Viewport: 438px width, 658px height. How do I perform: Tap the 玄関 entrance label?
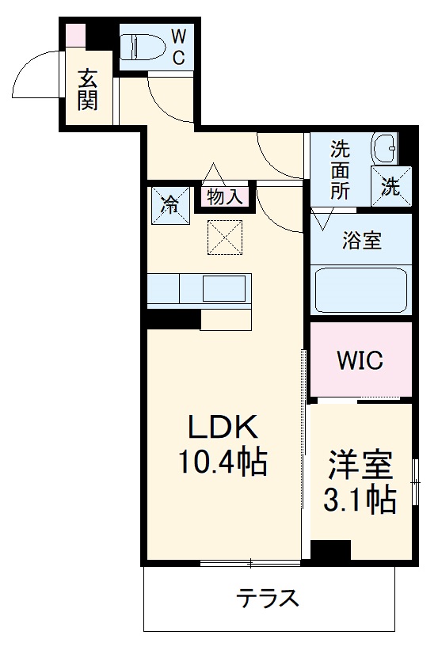[x=87, y=89]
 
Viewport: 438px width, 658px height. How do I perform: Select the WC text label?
[x=178, y=47]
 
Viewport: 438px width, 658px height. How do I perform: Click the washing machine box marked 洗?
[x=392, y=187]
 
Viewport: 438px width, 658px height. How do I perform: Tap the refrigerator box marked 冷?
[x=170, y=205]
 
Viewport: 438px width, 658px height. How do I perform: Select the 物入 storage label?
[x=225, y=196]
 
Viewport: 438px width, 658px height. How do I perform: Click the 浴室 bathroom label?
[x=362, y=241]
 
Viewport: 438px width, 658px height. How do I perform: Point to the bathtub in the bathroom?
[x=361, y=290]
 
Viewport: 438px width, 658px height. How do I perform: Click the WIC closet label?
[x=360, y=360]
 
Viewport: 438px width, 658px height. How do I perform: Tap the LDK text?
[x=223, y=428]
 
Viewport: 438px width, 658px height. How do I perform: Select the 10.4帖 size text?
[x=223, y=460]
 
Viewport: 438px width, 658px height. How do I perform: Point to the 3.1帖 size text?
[x=360, y=499]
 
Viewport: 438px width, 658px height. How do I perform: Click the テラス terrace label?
[x=269, y=598]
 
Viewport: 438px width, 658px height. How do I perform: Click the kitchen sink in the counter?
[x=223, y=288]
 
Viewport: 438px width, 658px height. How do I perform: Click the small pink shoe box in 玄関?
[x=74, y=35]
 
